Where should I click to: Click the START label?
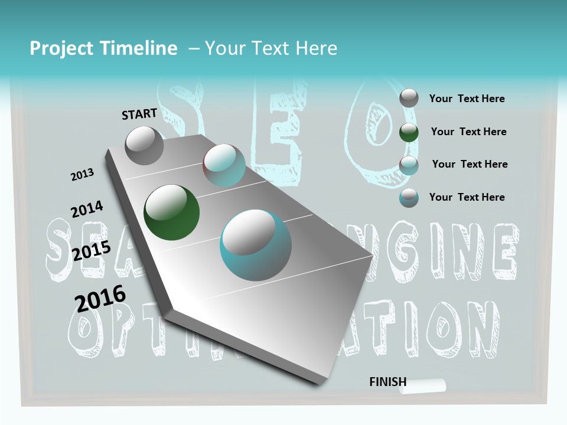tap(139, 114)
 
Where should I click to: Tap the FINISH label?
tap(387, 382)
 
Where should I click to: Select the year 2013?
tap(82, 175)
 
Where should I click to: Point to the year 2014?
tap(87, 210)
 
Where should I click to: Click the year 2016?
tap(100, 298)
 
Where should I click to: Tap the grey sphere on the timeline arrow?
tap(145, 145)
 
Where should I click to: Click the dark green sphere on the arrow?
tap(171, 212)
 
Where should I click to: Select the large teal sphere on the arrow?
tap(256, 245)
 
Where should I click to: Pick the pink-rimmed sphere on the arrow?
tap(224, 165)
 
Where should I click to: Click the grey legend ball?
tap(409, 98)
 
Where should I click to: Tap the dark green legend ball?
tap(409, 132)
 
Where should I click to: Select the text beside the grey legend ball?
tap(467, 99)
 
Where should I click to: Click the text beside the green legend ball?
tap(468, 132)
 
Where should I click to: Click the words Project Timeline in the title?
tap(103, 48)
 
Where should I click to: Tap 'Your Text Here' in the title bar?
tap(271, 48)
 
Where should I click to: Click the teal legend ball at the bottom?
tap(409, 198)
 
